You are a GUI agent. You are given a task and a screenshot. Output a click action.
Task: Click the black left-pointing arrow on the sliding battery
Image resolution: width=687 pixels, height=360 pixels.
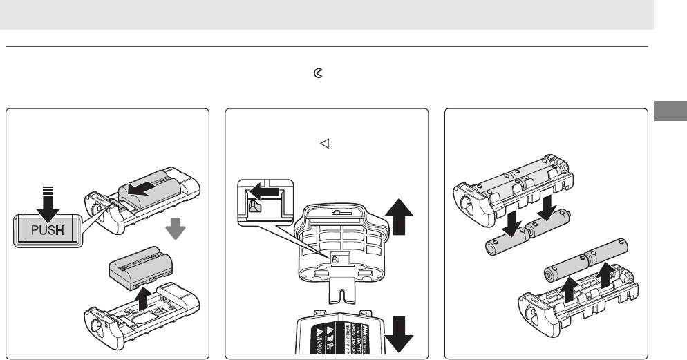coord(154,187)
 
